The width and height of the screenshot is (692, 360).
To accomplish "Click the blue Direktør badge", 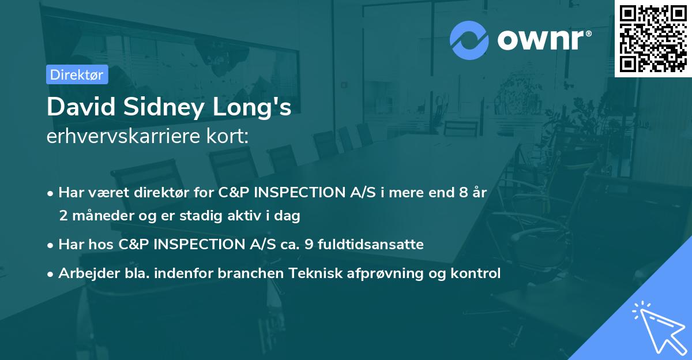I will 77,74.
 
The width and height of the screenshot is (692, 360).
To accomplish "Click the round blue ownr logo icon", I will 469,40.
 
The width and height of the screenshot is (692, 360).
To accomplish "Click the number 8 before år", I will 463,192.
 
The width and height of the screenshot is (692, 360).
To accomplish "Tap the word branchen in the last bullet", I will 245,273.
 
